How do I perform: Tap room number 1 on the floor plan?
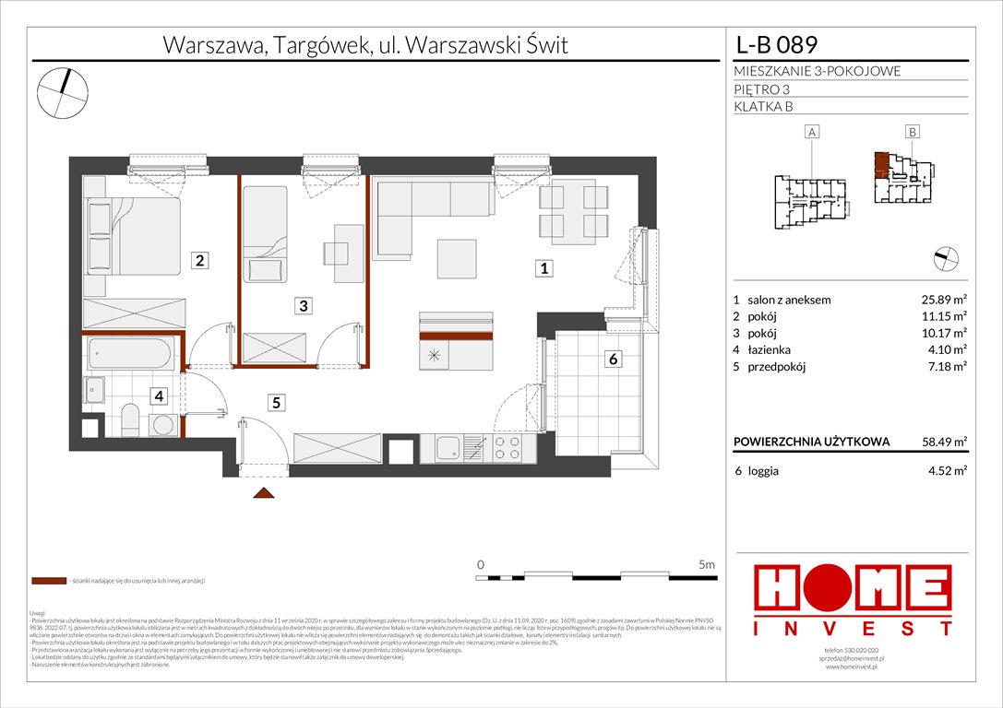pos(545,269)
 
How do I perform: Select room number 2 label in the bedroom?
pos(199,261)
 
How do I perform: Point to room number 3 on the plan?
pos(302,305)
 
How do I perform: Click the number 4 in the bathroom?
pos(160,396)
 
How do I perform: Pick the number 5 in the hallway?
pos(275,401)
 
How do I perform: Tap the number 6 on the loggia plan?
pos(612,360)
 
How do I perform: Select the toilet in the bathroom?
pos(129,420)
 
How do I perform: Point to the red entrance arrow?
pos(264,494)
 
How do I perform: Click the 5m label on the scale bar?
pos(707,563)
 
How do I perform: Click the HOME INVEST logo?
pos(854,599)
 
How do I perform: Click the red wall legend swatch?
pos(48,582)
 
